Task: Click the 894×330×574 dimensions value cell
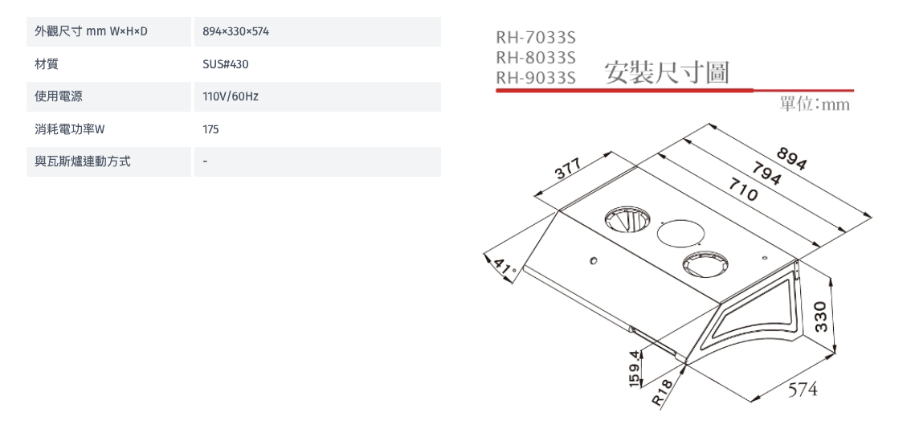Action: tap(236, 31)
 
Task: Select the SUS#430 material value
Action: tap(226, 64)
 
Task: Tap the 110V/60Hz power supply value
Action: tap(231, 96)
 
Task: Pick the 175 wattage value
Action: tap(211, 129)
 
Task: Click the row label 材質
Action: tap(47, 64)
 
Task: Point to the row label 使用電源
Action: tap(59, 96)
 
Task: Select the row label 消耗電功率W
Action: tap(70, 129)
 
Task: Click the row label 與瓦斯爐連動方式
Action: tap(83, 161)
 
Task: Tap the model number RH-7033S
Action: tap(535, 38)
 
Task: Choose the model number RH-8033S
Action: tap(535, 58)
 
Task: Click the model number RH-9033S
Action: tap(535, 77)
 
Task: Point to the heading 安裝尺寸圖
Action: tap(667, 72)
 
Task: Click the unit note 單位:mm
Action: tap(815, 104)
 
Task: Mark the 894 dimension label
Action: tap(790, 158)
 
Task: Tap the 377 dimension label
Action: tap(568, 169)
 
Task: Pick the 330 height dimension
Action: tap(820, 317)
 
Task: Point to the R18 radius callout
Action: tap(662, 392)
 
